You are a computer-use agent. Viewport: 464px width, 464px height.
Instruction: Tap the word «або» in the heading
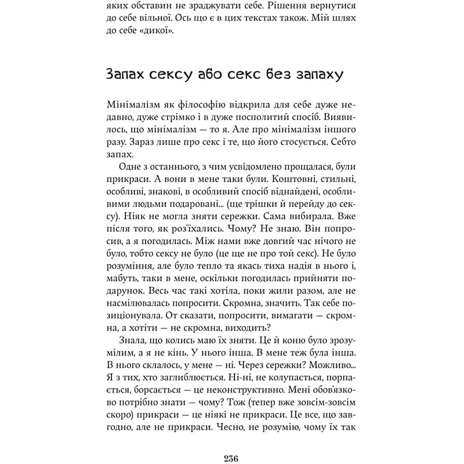(x=216, y=75)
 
